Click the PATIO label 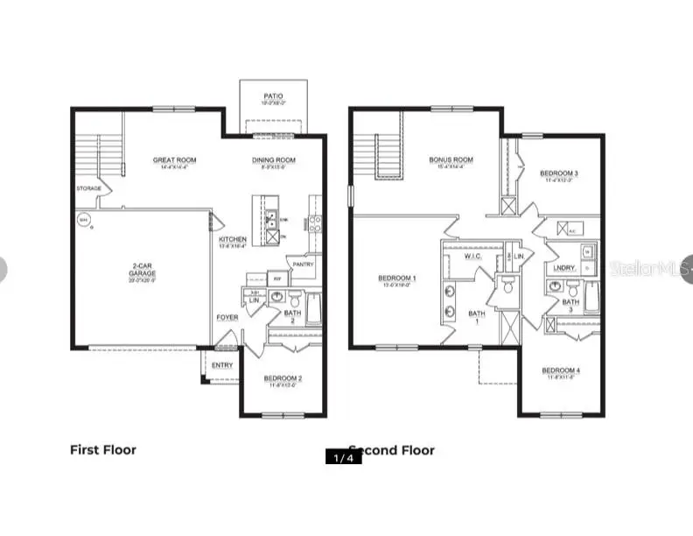tap(274, 95)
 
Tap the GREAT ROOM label tap(174, 160)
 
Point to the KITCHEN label tap(233, 239)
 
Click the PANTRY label tap(303, 264)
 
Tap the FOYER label tap(227, 317)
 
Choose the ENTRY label tap(222, 365)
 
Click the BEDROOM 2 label tap(283, 378)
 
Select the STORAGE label tap(88, 188)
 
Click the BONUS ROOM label tap(451, 160)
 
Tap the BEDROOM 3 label tap(558, 173)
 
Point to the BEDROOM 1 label tap(396, 279)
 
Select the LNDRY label tap(563, 267)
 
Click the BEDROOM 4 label tap(560, 370)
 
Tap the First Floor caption tap(103, 450)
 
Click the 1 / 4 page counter tap(343, 456)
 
